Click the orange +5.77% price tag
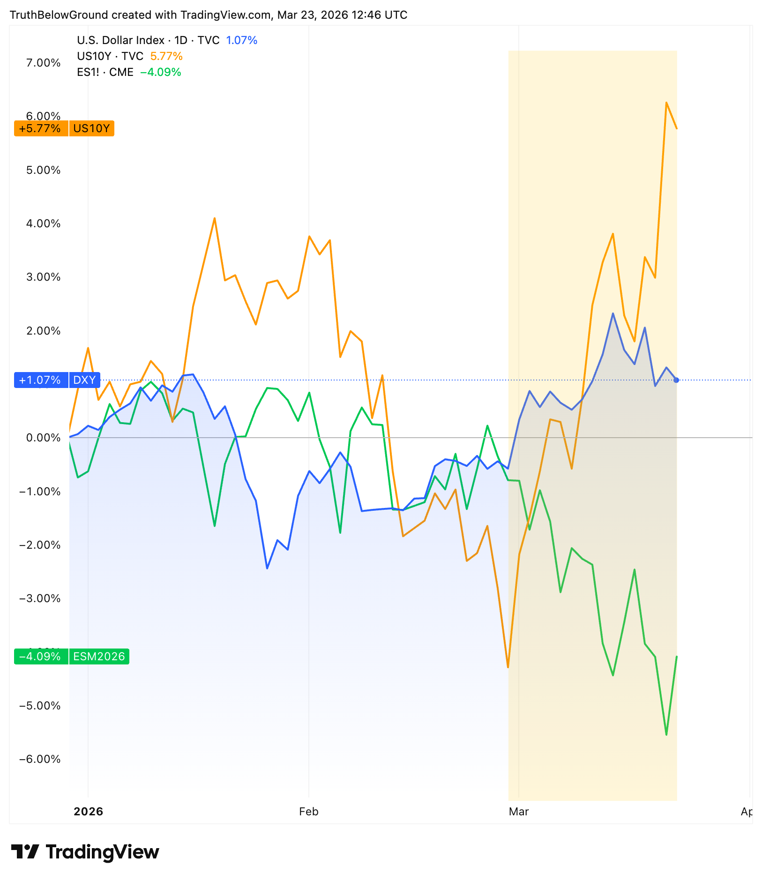41,128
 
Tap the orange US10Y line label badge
91,128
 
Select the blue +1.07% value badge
41,380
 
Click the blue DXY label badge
85,380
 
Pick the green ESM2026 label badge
99,656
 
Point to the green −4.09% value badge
41,656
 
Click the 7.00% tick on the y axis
43,63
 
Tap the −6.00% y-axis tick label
40,759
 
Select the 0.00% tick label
43,438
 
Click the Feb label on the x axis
308,812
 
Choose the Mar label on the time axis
518,812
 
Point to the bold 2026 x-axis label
88,812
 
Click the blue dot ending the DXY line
676,380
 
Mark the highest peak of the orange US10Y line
666,103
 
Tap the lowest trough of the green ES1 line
666,734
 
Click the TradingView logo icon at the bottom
25,851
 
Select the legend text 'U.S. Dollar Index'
120,40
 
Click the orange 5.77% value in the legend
166,56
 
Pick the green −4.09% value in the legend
161,72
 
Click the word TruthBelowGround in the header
59,15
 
